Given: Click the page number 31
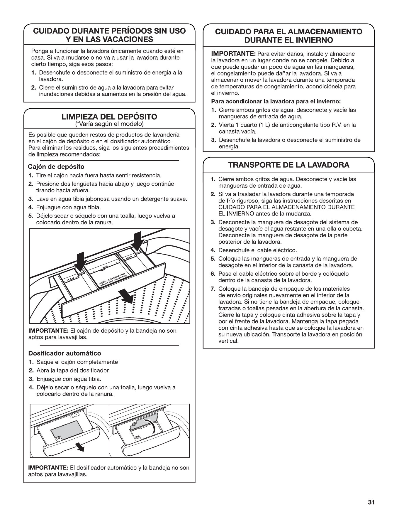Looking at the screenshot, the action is [371, 502].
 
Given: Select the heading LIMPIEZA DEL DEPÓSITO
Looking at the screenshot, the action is [109, 117].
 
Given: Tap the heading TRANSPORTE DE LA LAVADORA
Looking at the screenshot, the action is [289, 165].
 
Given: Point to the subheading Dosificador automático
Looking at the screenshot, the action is [64, 353].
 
